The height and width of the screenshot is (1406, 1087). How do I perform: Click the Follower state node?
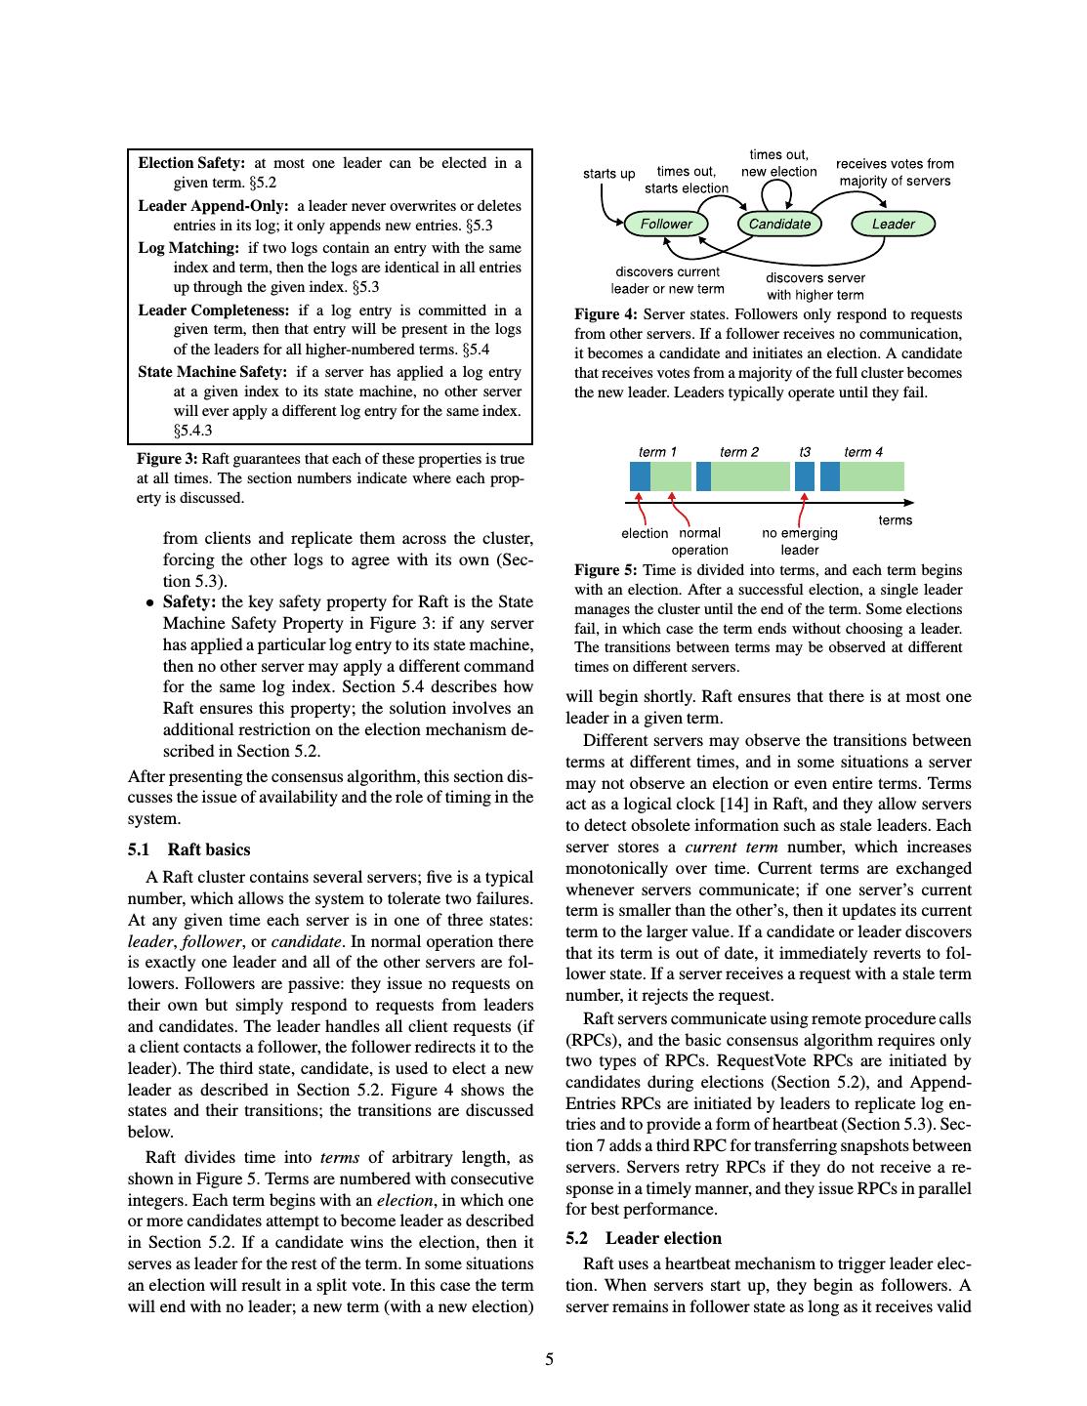666,225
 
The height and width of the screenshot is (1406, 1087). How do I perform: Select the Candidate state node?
779,225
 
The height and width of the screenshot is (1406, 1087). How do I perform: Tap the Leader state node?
893,225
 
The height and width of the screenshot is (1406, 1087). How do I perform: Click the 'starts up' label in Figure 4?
608,174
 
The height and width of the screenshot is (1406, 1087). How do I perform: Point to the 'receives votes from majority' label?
895,172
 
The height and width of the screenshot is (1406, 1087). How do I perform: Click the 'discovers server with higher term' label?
815,286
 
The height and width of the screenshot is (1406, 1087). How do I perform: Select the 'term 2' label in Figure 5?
738,452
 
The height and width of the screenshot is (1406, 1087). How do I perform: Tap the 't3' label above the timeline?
805,452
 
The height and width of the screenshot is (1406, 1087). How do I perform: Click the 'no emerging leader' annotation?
800,541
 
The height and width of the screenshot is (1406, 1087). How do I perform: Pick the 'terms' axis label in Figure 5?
895,520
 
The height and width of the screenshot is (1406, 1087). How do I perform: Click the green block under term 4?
871,476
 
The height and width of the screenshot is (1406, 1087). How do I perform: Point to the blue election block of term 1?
640,476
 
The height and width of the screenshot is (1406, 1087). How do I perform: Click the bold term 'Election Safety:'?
191,163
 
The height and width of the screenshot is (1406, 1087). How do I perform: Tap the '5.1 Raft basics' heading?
189,849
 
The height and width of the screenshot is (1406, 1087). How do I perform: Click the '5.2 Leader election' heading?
644,1238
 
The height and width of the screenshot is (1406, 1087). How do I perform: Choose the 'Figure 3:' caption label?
167,459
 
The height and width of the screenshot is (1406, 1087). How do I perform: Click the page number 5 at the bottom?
549,1359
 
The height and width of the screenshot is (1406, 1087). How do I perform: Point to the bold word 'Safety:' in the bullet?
189,602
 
